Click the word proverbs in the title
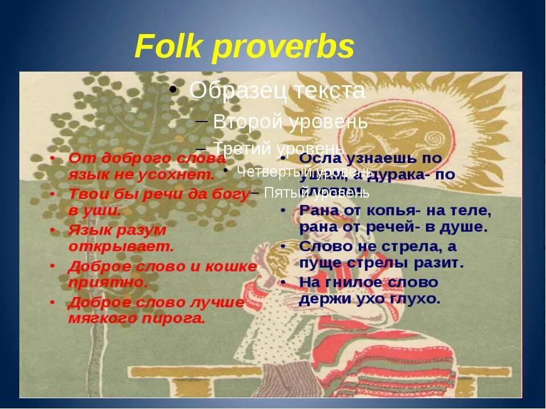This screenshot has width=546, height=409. coord(283,48)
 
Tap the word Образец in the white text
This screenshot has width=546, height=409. coord(238,91)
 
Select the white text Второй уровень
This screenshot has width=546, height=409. coord(291,122)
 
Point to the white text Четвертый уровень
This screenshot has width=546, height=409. coord(304,171)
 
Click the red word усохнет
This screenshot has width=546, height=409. coord(184,175)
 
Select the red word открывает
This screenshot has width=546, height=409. coord(121,247)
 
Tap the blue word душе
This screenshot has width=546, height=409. coord(468,227)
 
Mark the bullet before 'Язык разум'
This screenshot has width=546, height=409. coord(52,230)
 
